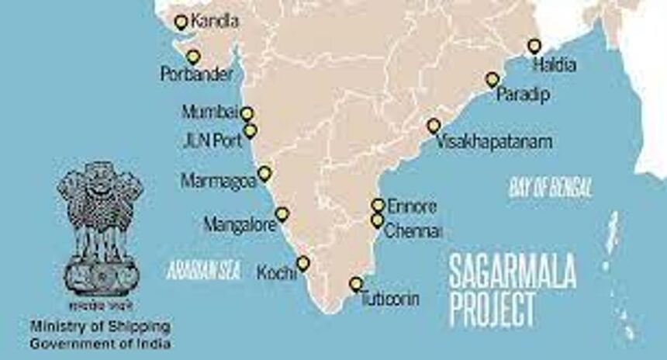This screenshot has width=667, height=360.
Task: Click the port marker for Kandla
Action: tap(181, 22)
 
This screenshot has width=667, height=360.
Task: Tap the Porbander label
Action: tap(196, 75)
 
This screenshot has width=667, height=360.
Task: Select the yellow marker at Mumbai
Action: tap(247, 113)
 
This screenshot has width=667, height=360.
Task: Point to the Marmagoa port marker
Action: tap(264, 173)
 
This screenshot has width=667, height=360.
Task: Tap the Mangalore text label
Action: tap(239, 225)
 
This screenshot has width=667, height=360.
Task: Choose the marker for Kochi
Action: tap(302, 263)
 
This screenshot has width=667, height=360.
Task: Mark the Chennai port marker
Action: tap(378, 220)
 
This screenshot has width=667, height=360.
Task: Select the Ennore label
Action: tap(412, 206)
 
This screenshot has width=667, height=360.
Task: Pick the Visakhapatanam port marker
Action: tap(434, 125)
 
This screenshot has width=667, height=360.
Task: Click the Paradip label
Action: tap(523, 95)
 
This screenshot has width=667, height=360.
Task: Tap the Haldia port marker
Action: tap(534, 46)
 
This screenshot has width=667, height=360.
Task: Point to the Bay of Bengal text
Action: tap(551, 187)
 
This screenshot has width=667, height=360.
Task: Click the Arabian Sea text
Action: tap(204, 270)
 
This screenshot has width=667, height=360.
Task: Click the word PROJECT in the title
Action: tap(492, 309)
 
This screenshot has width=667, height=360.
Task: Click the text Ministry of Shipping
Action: tap(100, 326)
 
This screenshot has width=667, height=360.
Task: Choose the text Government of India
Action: tap(100, 343)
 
